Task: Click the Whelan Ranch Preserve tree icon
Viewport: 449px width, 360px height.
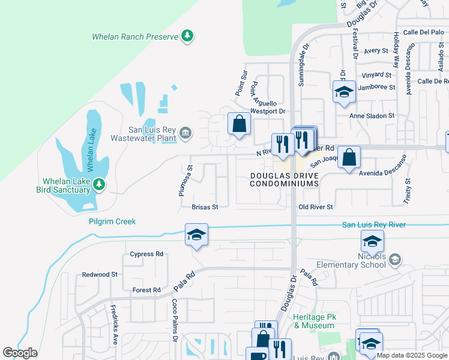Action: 188,37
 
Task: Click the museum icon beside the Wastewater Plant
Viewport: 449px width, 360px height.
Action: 185,133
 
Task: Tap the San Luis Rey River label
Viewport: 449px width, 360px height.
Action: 373,224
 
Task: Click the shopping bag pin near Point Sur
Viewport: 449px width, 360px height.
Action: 239,124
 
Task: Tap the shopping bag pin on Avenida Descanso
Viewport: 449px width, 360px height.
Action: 349,158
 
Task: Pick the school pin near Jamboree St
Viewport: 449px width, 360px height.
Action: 343,92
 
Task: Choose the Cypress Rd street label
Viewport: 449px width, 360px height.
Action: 146,254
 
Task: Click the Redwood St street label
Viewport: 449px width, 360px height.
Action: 100,274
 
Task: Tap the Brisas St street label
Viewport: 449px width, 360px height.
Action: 204,207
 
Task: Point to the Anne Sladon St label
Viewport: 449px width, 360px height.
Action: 372,115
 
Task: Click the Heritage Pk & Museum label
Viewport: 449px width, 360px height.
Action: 313,321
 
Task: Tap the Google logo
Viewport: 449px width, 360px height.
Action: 20,353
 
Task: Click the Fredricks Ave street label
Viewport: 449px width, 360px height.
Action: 114,319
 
